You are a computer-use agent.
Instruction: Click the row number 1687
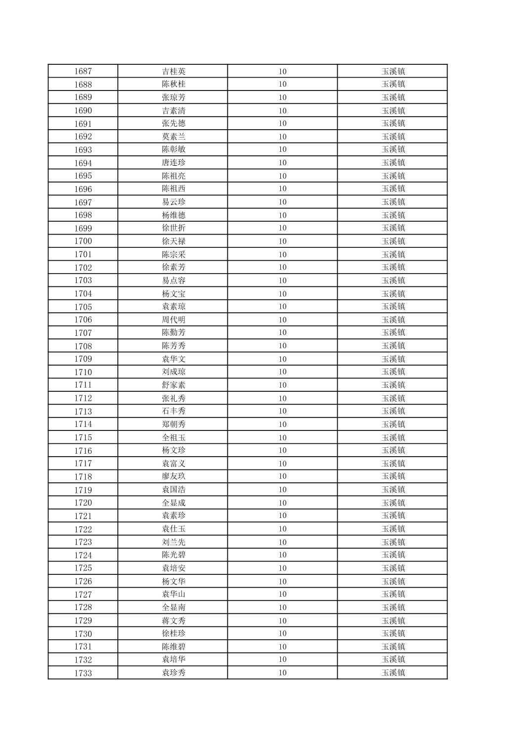(83, 71)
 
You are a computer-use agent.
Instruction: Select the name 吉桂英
(174, 71)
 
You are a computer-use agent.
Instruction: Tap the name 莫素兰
(174, 137)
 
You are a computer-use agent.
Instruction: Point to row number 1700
(83, 241)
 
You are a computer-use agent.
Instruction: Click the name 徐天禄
(174, 241)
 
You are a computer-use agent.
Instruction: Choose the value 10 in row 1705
(282, 307)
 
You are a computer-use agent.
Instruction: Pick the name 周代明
(174, 320)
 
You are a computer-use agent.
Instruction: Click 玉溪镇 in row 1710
(393, 372)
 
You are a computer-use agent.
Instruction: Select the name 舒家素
(174, 385)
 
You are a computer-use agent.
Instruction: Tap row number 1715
(83, 437)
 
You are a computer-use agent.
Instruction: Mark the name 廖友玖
(174, 476)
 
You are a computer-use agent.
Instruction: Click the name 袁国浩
(174, 490)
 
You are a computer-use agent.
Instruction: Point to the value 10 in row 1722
(282, 529)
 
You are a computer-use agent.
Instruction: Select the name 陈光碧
(174, 555)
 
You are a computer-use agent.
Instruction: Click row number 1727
(83, 594)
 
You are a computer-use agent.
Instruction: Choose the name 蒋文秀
(174, 620)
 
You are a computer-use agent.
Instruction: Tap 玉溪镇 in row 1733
(393, 673)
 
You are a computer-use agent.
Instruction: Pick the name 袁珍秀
(174, 673)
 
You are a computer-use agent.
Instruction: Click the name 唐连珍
(174, 163)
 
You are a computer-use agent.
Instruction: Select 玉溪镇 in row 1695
(393, 176)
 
